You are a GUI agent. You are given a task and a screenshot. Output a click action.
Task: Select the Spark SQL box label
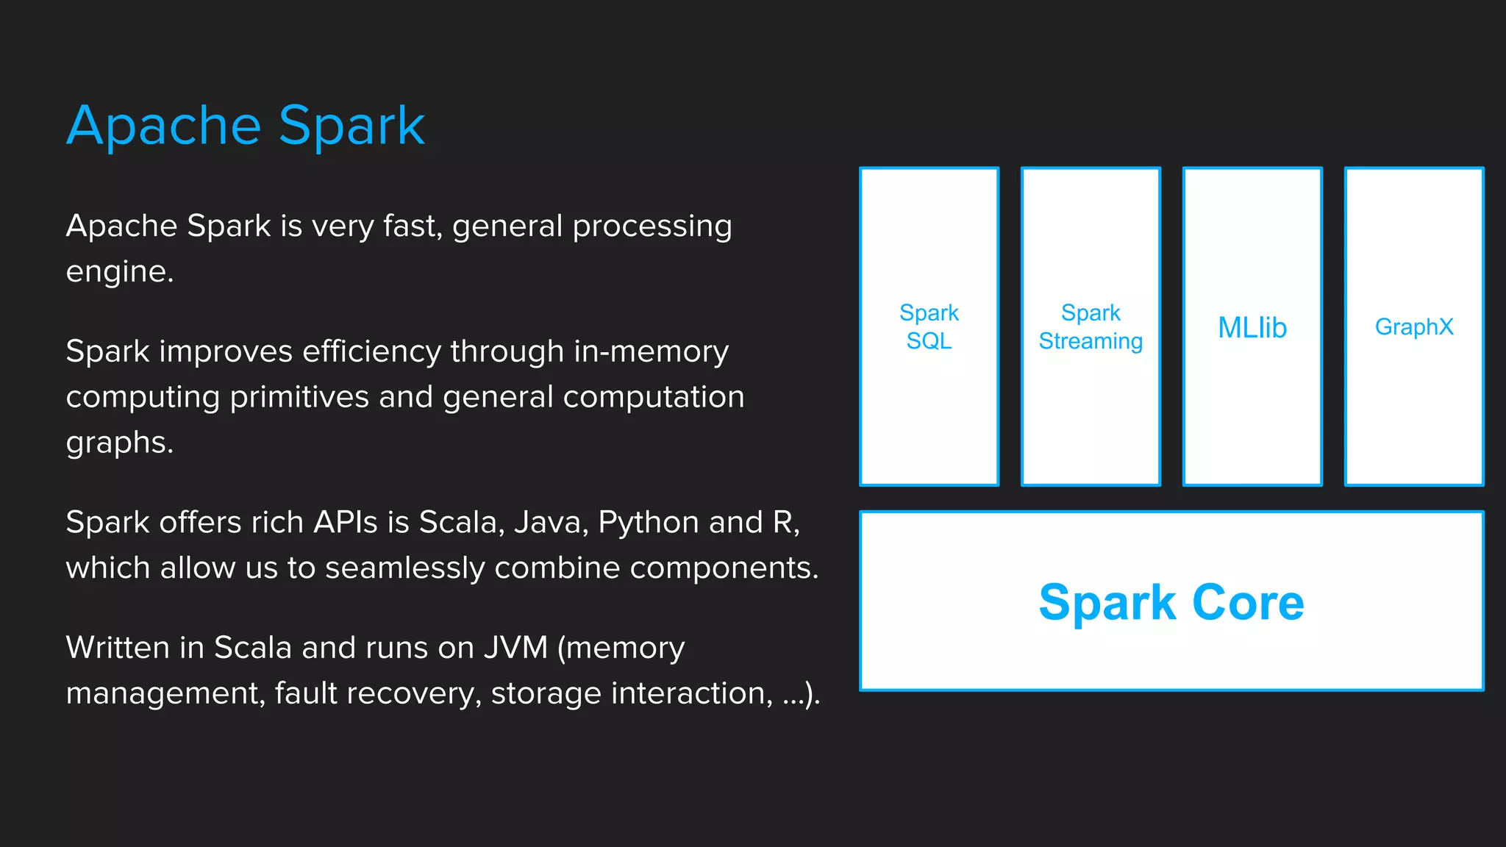(x=929, y=326)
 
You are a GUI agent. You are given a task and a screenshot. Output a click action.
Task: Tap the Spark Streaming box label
(x=1091, y=326)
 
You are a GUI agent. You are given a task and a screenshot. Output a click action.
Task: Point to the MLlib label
(x=1252, y=327)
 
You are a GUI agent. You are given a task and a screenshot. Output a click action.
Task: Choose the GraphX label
(x=1414, y=326)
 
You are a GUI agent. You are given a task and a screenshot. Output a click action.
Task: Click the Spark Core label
(x=1171, y=602)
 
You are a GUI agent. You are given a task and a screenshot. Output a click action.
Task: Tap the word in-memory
(x=651, y=351)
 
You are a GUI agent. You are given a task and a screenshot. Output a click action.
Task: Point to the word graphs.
(x=119, y=443)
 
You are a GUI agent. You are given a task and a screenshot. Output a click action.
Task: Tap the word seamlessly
(x=404, y=568)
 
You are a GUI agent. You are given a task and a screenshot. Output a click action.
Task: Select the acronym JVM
(x=515, y=648)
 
